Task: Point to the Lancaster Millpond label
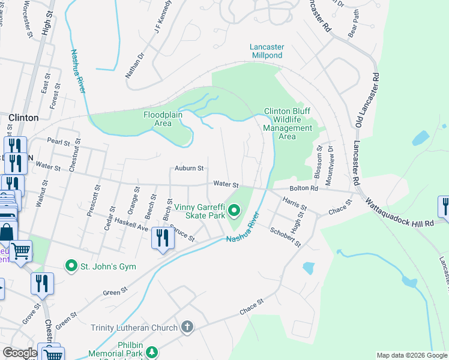pyautogui.click(x=267, y=52)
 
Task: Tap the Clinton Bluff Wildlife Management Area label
pyautogui.click(x=288, y=124)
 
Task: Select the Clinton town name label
pyautogui.click(x=24, y=118)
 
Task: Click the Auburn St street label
pyautogui.click(x=190, y=169)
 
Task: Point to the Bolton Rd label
pyautogui.click(x=303, y=188)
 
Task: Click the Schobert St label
pyautogui.click(x=285, y=237)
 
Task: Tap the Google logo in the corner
pyautogui.click(x=20, y=353)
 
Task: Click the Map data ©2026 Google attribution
pyautogui.click(x=411, y=355)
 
